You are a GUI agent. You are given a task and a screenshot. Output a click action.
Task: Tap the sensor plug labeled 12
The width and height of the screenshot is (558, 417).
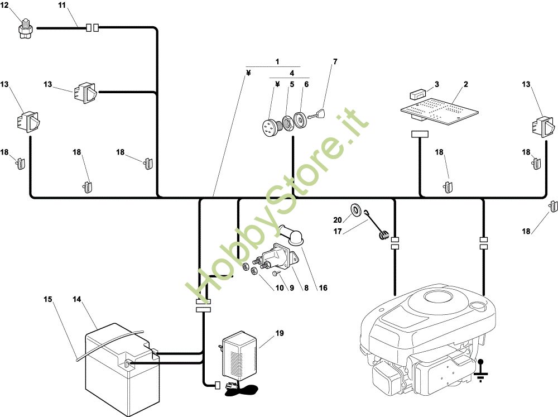pyautogui.click(x=25, y=28)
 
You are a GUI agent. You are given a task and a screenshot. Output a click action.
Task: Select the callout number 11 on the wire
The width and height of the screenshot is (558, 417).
pyautogui.click(x=61, y=6)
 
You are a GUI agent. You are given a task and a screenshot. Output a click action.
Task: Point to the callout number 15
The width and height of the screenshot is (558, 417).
pyautogui.click(x=49, y=300)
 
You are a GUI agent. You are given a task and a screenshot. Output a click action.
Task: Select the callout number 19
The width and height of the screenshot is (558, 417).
pyautogui.click(x=279, y=333)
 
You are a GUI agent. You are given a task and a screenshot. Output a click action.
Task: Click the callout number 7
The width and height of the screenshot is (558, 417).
pyautogui.click(x=335, y=61)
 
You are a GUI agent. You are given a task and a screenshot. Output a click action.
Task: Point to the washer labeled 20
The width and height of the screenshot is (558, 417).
pyautogui.click(x=355, y=210)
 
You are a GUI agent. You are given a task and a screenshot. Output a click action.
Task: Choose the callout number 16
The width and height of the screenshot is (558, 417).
pyautogui.click(x=323, y=288)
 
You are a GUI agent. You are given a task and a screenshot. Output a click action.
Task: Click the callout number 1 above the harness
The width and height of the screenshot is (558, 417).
pyautogui.click(x=277, y=61)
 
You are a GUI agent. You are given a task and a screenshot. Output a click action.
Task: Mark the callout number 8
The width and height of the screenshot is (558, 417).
pyautogui.click(x=305, y=288)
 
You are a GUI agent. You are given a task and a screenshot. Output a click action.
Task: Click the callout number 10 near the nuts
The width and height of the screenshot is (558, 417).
pyautogui.click(x=264, y=288)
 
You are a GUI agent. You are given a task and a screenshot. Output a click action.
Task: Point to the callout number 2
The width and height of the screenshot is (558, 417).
pyautogui.click(x=466, y=84)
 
